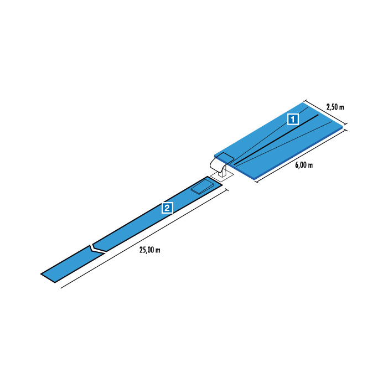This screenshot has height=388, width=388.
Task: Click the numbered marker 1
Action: point(293,120)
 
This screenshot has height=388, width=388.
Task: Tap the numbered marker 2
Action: point(167,208)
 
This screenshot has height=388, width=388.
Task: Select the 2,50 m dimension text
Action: point(335,107)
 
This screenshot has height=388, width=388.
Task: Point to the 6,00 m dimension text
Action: point(304,165)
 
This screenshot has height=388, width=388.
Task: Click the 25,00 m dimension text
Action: point(149,250)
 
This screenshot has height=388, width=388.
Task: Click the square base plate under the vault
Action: point(222,177)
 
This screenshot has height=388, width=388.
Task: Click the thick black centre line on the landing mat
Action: point(276,139)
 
